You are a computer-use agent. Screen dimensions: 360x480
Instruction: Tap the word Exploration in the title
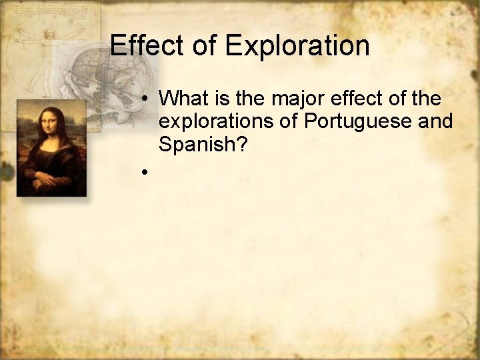pyautogui.click(x=297, y=45)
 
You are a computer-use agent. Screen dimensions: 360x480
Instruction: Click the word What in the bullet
pyautogui.click(x=185, y=99)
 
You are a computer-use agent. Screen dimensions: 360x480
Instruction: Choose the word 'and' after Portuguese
pyautogui.click(x=437, y=121)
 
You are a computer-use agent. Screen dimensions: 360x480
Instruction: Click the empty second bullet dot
pyautogui.click(x=144, y=172)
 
